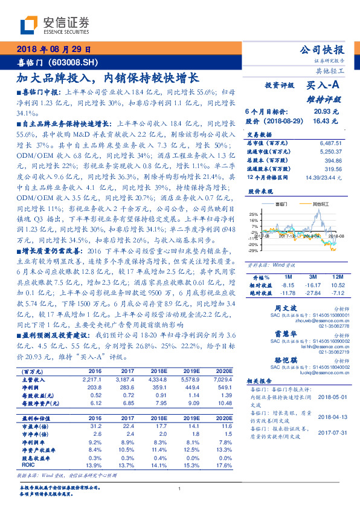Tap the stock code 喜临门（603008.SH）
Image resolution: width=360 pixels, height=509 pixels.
pyautogui.click(x=54, y=62)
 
